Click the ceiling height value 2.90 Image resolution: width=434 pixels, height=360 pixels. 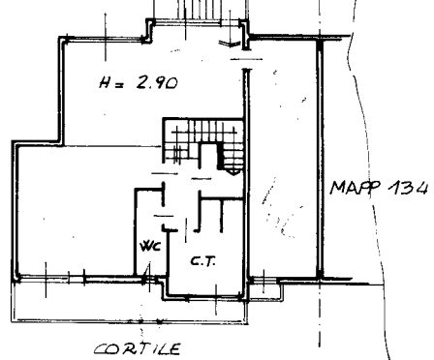[x=157, y=82]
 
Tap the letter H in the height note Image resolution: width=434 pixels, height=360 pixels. [x=105, y=82]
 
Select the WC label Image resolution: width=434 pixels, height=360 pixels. [x=150, y=246]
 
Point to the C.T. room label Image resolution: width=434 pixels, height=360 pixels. [x=203, y=261]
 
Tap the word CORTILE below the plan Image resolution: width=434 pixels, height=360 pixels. [x=138, y=349]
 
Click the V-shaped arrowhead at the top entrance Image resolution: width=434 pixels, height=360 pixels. [x=230, y=44]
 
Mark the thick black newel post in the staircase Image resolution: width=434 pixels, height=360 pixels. [x=221, y=157]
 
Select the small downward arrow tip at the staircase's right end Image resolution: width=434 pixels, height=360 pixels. [x=234, y=173]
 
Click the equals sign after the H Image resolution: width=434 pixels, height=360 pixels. [x=119, y=85]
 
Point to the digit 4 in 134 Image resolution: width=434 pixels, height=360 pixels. [x=420, y=188]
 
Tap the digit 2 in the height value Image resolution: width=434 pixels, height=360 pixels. [x=142, y=82]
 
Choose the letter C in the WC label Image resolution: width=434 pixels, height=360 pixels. [x=156, y=247]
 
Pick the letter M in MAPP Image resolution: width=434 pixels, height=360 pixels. [x=337, y=188]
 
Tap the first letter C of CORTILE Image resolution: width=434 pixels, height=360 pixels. [x=101, y=349]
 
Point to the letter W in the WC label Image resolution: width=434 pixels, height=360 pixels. [x=146, y=246]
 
